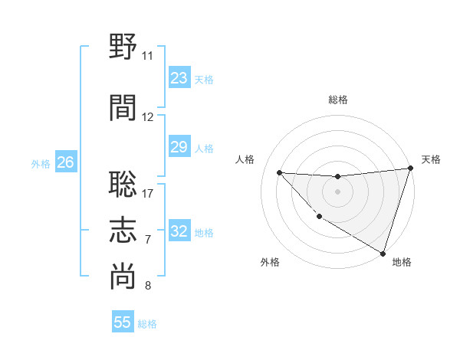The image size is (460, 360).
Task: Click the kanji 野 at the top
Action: (x=123, y=47)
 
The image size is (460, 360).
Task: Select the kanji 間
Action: (x=123, y=107)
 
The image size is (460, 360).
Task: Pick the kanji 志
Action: (x=123, y=230)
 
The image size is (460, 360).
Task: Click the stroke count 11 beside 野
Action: (x=147, y=56)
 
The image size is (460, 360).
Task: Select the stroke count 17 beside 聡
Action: (x=147, y=193)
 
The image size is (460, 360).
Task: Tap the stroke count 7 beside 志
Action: (x=147, y=240)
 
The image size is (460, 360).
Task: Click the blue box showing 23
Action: (x=179, y=78)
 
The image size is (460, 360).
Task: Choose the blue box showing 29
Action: (x=179, y=147)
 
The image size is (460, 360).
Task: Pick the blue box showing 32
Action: (x=179, y=231)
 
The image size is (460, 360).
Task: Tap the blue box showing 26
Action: (x=65, y=162)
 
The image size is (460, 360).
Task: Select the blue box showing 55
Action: (x=123, y=322)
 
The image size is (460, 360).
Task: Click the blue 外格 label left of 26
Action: (x=40, y=163)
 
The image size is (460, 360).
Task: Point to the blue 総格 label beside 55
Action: (x=147, y=323)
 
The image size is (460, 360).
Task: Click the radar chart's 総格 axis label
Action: (x=337, y=100)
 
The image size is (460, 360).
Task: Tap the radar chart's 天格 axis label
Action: (x=431, y=159)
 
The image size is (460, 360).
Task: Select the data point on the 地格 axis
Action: (x=383, y=252)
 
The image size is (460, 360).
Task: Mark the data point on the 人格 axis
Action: (x=279, y=172)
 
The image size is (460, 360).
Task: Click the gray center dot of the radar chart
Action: (x=337, y=191)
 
